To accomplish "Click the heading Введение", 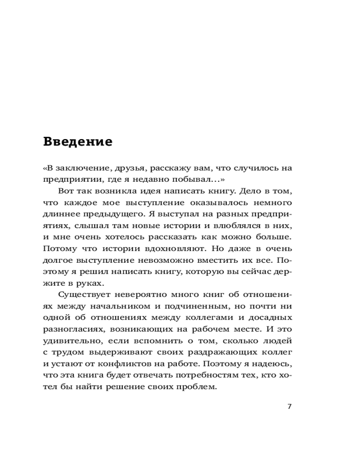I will [78, 142].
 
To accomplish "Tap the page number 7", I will [289, 406].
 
